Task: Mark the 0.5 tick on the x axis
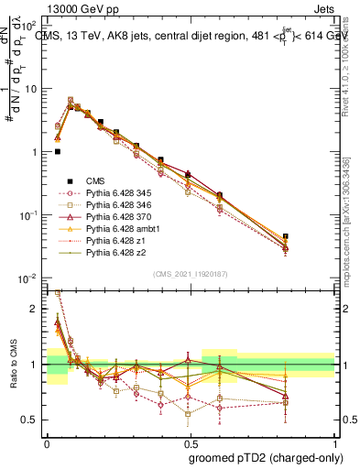tap(191, 441)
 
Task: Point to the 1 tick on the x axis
tap(336, 441)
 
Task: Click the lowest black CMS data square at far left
tap(58, 152)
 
